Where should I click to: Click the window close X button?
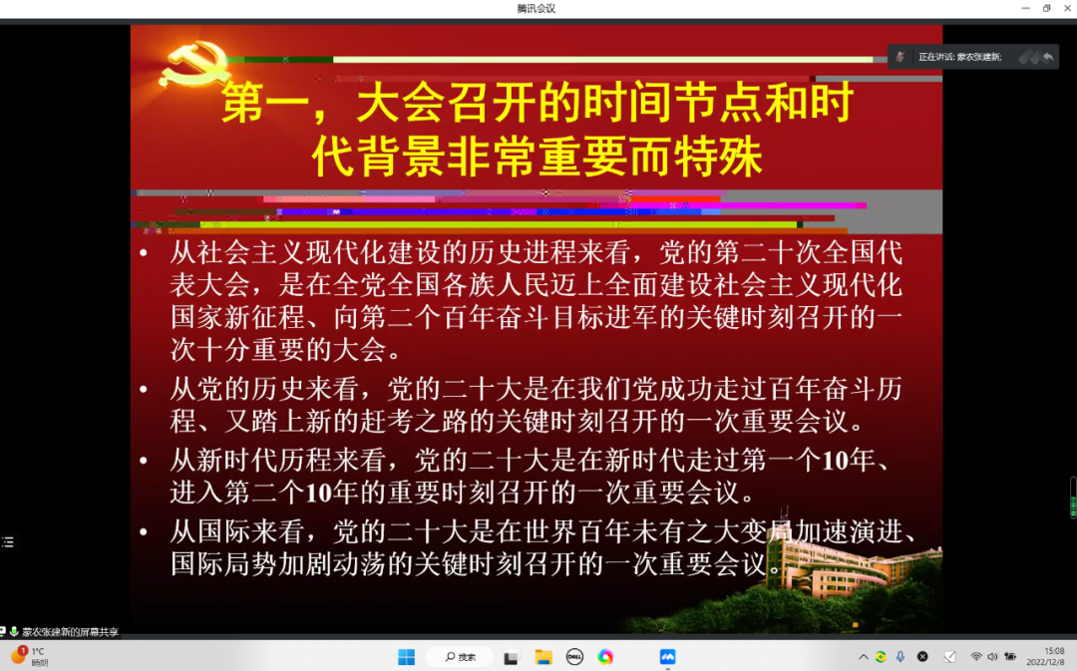[x=1067, y=8]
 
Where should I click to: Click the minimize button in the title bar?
[x=1025, y=8]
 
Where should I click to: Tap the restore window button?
[x=1047, y=8]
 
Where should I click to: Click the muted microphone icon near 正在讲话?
[x=900, y=57]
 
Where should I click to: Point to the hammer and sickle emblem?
[x=193, y=64]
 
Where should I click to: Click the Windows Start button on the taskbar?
[x=407, y=657]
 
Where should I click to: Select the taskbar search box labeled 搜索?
[x=460, y=657]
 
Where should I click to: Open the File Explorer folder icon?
[x=543, y=657]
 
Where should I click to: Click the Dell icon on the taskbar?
[x=574, y=657]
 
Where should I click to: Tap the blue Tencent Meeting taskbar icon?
[x=667, y=657]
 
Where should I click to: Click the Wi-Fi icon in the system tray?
[x=976, y=657]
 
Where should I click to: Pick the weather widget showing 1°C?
[x=30, y=657]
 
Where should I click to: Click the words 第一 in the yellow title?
[x=265, y=103]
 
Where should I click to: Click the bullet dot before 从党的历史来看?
[x=144, y=390]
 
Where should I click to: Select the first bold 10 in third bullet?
[x=836, y=461]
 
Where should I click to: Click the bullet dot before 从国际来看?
[x=144, y=531]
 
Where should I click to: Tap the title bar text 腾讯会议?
[x=537, y=8]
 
